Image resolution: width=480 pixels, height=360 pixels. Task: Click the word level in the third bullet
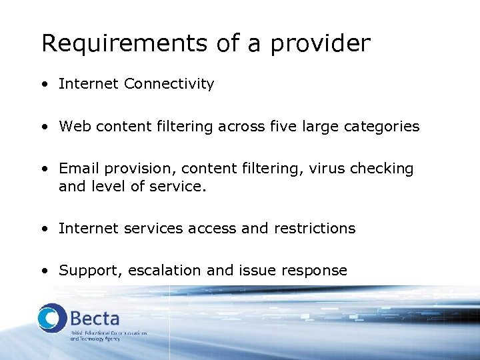[x=103, y=187]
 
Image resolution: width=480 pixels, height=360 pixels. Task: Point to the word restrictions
[x=313, y=229]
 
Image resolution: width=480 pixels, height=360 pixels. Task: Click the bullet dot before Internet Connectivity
[x=44, y=85]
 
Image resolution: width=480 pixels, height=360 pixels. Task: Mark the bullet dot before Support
[x=44, y=271]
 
